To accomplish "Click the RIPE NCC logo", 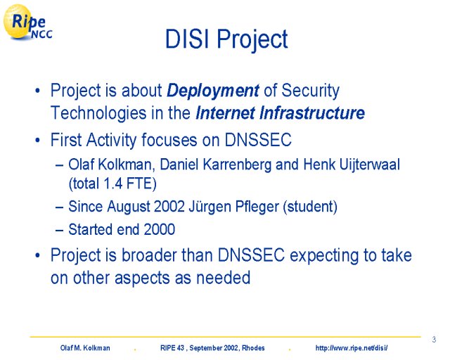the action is pos(28,22).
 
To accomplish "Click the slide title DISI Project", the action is pos(226,39).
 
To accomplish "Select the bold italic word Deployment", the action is pos(213,91).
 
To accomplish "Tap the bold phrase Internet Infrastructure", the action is pos(280,112).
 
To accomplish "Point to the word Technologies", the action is pos(98,113).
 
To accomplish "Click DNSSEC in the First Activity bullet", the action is pos(258,140).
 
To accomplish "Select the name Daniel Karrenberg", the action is pos(215,165).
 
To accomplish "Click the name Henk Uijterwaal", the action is pos(352,165).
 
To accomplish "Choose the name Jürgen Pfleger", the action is pos(233,207).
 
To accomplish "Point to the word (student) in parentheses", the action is pos(310,207).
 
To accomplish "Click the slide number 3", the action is pos(434,340).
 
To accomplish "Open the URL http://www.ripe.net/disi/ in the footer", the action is pos(352,348).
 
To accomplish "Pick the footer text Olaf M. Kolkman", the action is pos(85,348).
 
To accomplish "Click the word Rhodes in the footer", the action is pos(253,348).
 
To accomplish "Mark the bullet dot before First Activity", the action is pos(37,141).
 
